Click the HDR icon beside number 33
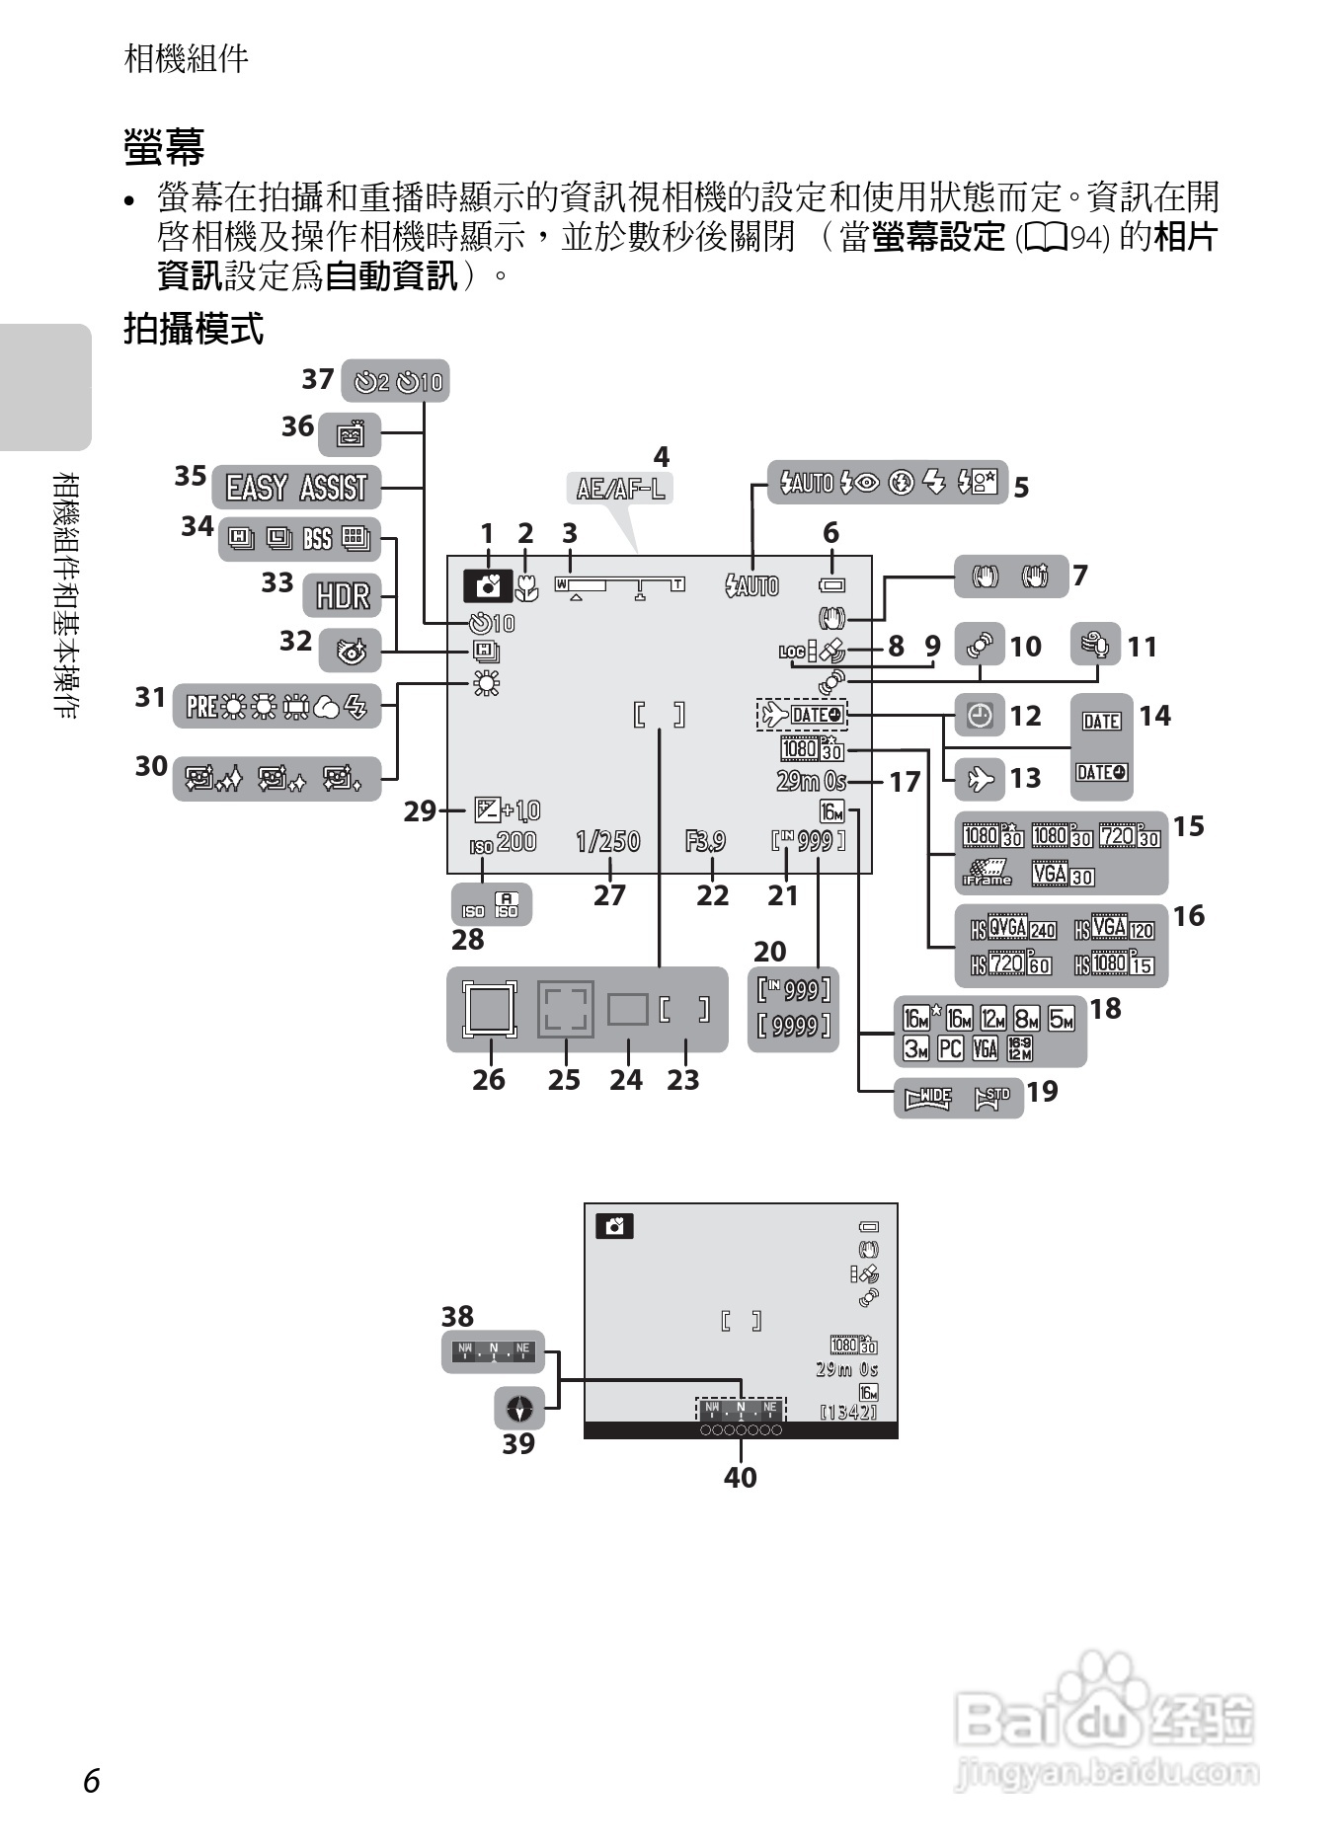tap(343, 595)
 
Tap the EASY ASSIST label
tap(296, 488)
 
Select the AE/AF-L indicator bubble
tap(621, 488)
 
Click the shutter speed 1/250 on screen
tap(608, 841)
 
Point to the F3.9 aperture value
tap(705, 841)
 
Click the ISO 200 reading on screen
tap(503, 842)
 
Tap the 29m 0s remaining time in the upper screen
tap(812, 781)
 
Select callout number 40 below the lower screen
tap(741, 1477)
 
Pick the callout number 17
tap(905, 782)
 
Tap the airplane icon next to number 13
tap(981, 778)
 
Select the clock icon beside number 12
tap(980, 716)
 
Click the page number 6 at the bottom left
tap(92, 1780)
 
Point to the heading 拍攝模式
tap(194, 330)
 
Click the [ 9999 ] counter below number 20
tap(794, 1027)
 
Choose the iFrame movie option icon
tap(987, 873)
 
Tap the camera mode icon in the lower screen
tap(614, 1226)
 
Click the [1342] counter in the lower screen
tap(848, 1412)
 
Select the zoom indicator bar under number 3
tap(620, 584)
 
